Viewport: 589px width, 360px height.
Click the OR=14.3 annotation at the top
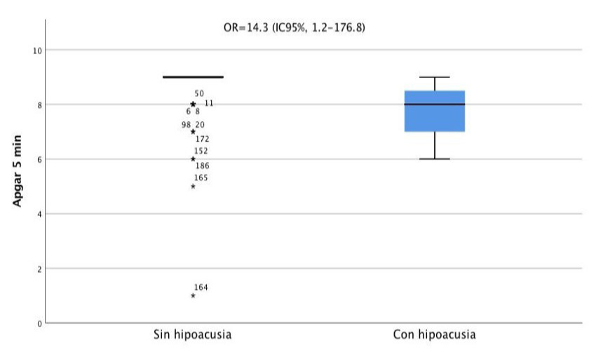[x=294, y=29]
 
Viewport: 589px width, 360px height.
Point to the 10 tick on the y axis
[x=36, y=51]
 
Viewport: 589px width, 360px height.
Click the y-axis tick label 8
[x=39, y=105]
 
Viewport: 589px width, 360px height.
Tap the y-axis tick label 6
[x=39, y=159]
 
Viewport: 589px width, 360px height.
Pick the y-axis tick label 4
[x=39, y=214]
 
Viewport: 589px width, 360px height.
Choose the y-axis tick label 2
[x=39, y=269]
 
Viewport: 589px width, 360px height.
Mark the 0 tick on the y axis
[x=39, y=323]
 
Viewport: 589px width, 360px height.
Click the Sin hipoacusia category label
[x=192, y=335]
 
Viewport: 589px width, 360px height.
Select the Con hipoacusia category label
[x=435, y=335]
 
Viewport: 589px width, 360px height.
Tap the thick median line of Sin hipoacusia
[x=193, y=77]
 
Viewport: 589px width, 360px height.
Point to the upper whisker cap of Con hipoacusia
[x=435, y=77]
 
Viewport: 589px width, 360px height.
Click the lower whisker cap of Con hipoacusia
[x=435, y=159]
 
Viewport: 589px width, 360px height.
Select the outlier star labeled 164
[x=193, y=295]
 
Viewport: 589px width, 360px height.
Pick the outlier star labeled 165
[x=193, y=187]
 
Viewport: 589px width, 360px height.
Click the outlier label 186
[x=202, y=166]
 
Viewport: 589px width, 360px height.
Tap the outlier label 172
[x=202, y=139]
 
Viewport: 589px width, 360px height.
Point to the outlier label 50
[x=199, y=93]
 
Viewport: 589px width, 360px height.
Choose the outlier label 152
[x=201, y=151]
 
